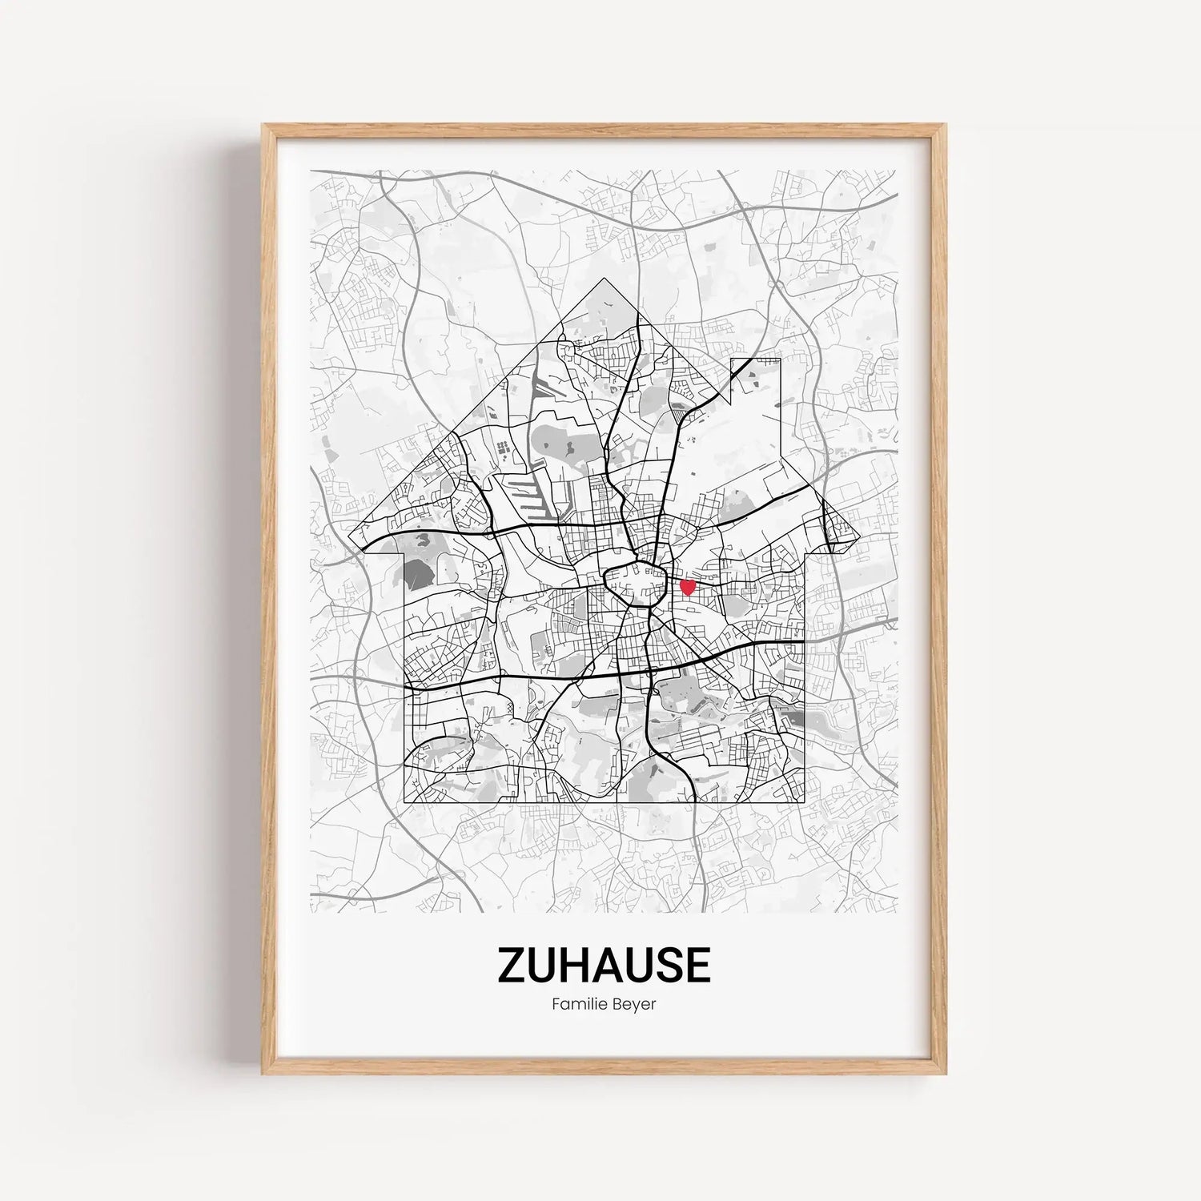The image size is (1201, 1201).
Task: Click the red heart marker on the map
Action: pyautogui.click(x=687, y=587)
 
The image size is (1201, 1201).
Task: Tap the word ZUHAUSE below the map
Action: pyautogui.click(x=603, y=965)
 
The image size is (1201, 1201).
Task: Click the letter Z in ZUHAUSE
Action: pyautogui.click(x=510, y=965)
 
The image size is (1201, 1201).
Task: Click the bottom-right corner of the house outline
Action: pyautogui.click(x=803, y=801)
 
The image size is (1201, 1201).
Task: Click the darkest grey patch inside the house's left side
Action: pyautogui.click(x=416, y=572)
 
